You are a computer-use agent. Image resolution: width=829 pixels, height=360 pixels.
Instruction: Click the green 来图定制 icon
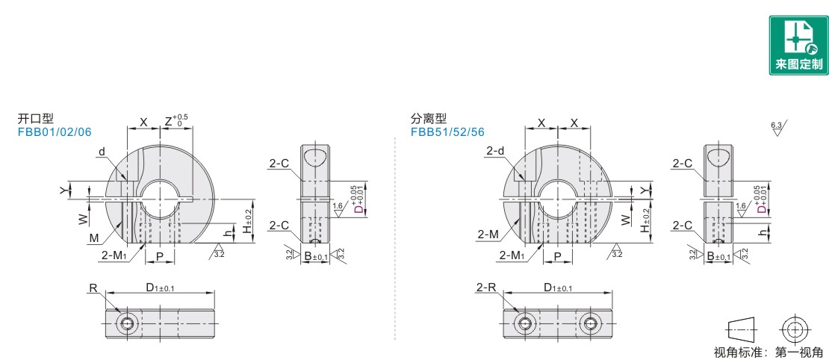[799, 45]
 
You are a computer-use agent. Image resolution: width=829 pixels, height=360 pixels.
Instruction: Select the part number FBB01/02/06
[55, 132]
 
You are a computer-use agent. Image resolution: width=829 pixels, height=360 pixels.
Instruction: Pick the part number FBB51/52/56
[448, 132]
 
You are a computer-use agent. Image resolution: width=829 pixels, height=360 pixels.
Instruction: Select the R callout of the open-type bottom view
[93, 288]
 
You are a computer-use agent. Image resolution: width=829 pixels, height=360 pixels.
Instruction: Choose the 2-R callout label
[486, 288]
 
